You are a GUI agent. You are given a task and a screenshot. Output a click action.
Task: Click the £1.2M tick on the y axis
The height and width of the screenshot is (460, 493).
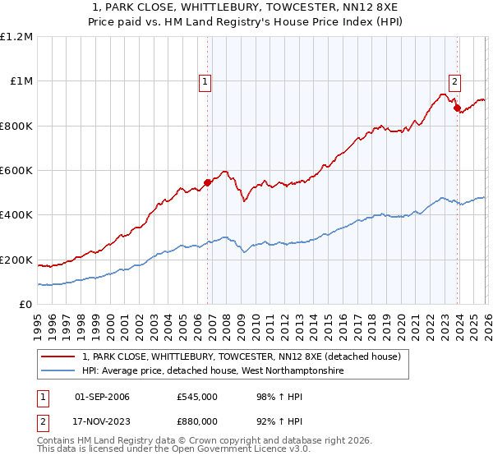(x=16, y=37)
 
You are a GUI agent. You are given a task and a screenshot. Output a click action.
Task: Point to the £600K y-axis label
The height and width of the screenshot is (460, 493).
(x=16, y=171)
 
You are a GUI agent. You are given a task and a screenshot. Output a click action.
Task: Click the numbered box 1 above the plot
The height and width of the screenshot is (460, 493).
(x=205, y=81)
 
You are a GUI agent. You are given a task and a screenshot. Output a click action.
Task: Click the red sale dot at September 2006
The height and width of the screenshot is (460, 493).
(x=207, y=183)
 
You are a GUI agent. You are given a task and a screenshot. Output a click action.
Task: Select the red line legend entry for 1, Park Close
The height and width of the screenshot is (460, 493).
(x=241, y=356)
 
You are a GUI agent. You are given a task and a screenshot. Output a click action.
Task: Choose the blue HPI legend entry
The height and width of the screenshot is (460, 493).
(x=212, y=371)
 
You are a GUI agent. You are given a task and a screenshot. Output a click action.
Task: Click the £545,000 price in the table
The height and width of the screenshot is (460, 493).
(x=196, y=397)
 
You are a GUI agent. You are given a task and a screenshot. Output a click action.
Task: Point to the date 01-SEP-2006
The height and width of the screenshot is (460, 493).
(x=102, y=397)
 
